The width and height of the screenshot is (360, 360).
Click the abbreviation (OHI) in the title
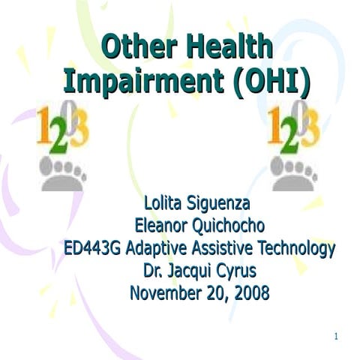click(x=268, y=80)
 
